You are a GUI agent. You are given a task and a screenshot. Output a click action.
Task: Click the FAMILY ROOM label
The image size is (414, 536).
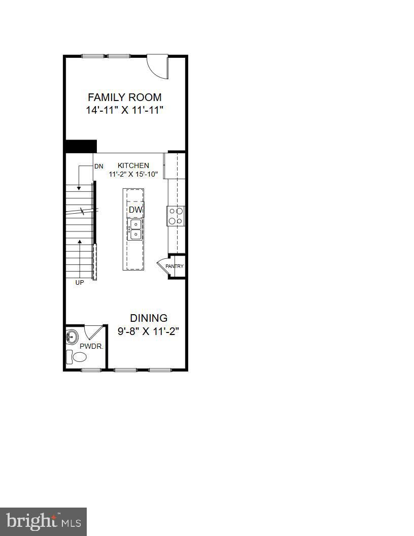click(125, 97)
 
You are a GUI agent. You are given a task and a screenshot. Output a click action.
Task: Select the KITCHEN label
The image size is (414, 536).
click(133, 165)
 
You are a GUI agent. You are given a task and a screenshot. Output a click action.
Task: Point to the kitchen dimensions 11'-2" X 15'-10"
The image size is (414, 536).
click(133, 174)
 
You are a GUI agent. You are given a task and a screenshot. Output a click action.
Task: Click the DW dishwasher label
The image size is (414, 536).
click(135, 210)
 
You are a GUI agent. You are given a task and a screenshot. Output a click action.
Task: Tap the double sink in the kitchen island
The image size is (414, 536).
click(135, 229)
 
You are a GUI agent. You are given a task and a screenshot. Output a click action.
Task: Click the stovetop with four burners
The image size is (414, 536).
click(176, 216)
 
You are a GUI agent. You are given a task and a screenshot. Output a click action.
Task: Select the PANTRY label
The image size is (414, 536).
click(175, 266)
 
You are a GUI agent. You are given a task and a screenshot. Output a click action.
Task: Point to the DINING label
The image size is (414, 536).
click(149, 318)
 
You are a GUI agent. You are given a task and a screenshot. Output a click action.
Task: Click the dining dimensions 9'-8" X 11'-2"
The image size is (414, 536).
click(149, 331)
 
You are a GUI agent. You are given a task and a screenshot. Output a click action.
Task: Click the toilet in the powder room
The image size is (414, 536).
click(78, 357)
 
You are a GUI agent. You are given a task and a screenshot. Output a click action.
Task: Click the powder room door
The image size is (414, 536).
click(93, 332)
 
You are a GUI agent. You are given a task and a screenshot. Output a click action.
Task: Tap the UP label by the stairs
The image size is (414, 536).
click(80, 283)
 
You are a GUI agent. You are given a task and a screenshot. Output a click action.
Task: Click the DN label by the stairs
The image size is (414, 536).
click(98, 166)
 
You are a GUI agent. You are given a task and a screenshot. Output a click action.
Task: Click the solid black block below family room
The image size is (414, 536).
click(81, 146)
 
